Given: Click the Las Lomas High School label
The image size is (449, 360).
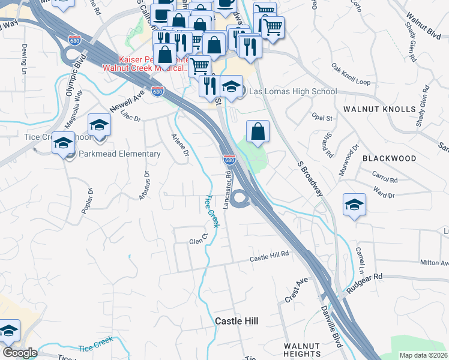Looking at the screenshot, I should pos(292,92).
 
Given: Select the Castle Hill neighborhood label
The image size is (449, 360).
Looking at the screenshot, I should pos(237,322).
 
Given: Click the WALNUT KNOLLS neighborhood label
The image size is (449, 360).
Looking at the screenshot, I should pos(379,109).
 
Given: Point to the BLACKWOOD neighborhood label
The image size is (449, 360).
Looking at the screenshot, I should pos(389,158).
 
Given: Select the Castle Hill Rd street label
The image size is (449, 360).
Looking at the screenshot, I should pos(270,257).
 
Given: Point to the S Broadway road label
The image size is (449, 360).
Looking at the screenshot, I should pos(311,179).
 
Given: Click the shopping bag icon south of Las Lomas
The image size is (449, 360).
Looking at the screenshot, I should pos(258,131).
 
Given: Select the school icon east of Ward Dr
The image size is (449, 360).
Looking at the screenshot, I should pos(354,205).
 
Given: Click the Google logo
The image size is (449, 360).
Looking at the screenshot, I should pos(20,353).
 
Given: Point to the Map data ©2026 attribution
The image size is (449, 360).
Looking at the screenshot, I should pos(423,355).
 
